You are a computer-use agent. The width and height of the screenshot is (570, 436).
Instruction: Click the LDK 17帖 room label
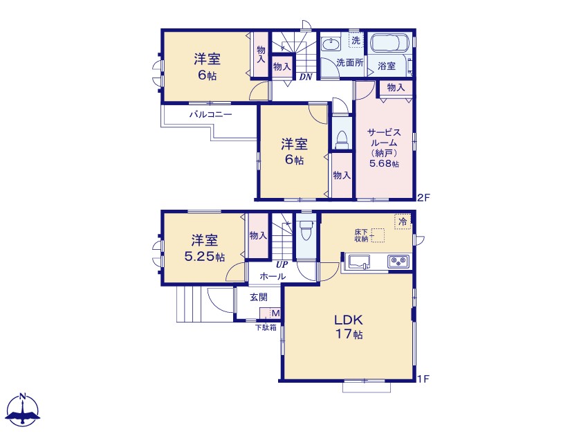point(349,327)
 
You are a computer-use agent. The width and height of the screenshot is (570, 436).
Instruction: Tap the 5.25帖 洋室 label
point(205,248)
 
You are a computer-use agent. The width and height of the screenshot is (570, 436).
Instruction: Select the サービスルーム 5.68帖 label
point(384,147)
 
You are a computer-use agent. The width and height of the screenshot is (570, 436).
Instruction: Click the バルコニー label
point(210,115)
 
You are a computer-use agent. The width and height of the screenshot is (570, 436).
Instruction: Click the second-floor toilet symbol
point(342,139)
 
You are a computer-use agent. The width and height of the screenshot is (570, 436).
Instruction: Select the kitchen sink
point(359,262)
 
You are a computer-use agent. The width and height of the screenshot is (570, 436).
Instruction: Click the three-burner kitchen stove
point(398,262)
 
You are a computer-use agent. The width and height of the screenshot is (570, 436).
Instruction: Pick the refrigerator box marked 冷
point(403,222)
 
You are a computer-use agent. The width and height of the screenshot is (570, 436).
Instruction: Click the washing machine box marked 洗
point(356,40)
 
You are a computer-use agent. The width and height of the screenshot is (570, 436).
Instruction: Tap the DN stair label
point(305,77)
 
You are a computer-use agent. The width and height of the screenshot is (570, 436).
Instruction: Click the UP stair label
point(282,265)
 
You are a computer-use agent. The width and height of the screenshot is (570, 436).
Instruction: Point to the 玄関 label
point(259,297)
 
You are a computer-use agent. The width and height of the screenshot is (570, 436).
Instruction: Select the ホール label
point(273,277)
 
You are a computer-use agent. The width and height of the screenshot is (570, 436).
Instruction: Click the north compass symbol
point(23,410)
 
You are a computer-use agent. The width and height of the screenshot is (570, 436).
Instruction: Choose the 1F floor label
point(423,379)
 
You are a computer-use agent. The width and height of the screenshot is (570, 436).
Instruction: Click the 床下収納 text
point(361,235)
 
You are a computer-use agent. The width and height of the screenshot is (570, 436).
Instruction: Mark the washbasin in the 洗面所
point(331,44)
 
